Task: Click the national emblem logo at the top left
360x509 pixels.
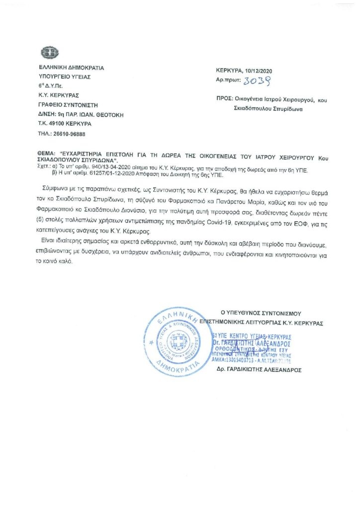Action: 50,52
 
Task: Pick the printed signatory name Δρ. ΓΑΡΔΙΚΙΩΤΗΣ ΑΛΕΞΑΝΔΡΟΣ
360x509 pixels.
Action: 259,370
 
